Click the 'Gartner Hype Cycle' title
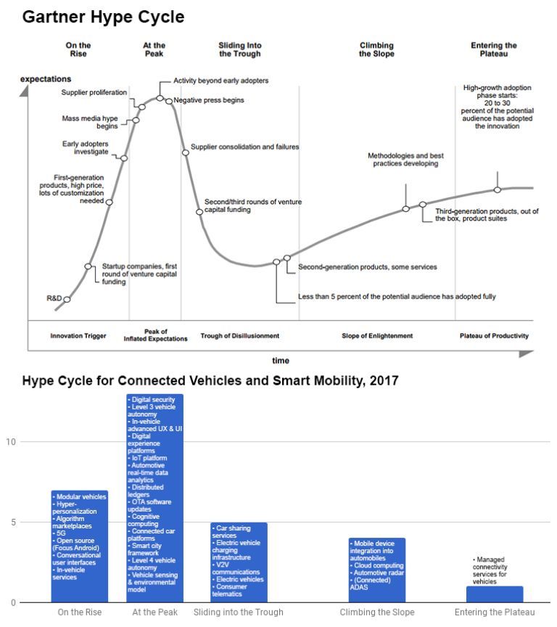click(x=103, y=17)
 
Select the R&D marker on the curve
click(x=67, y=299)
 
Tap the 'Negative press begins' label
click(x=209, y=100)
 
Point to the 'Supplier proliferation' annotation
click(x=94, y=92)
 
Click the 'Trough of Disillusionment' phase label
click(x=239, y=336)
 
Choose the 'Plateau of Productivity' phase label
click(x=494, y=336)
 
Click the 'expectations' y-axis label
click(x=46, y=78)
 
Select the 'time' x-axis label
click(x=280, y=361)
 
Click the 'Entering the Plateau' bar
click(x=495, y=594)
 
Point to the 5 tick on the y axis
click(x=12, y=522)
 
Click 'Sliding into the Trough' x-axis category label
click(x=239, y=612)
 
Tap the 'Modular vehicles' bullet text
click(x=81, y=497)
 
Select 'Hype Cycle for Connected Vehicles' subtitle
click(x=210, y=380)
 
